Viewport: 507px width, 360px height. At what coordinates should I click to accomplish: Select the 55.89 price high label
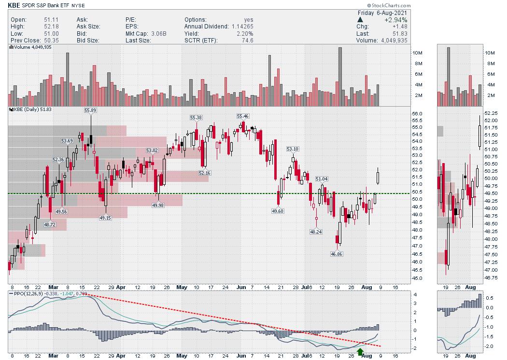click(x=90, y=110)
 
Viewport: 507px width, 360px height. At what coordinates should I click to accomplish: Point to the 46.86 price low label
click(x=336, y=253)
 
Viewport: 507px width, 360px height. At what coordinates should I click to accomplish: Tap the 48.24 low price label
click(x=316, y=232)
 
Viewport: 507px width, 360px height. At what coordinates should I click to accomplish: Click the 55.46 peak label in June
click(x=243, y=116)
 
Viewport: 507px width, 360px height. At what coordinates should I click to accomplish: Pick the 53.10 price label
click(x=293, y=149)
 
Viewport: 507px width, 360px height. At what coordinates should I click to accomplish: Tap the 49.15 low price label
click(x=105, y=218)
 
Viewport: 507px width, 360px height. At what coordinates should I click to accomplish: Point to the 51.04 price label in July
click(x=322, y=179)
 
